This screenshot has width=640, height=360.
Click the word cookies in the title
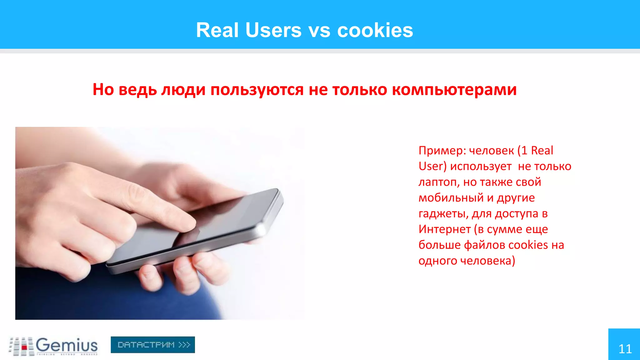(x=375, y=30)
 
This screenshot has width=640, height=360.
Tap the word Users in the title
(x=273, y=30)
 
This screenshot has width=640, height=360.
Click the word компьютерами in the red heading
(x=454, y=90)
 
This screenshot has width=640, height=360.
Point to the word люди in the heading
(x=183, y=90)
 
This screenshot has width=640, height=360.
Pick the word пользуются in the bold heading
(x=257, y=90)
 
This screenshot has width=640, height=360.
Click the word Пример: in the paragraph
(x=442, y=151)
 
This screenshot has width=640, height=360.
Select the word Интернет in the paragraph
(x=444, y=229)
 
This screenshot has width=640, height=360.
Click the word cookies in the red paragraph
(x=528, y=245)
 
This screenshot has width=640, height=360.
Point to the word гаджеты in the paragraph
(x=443, y=214)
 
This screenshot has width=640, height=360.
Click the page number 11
(x=625, y=349)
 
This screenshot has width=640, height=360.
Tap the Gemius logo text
(x=67, y=345)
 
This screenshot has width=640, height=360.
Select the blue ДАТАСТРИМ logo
(x=153, y=345)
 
